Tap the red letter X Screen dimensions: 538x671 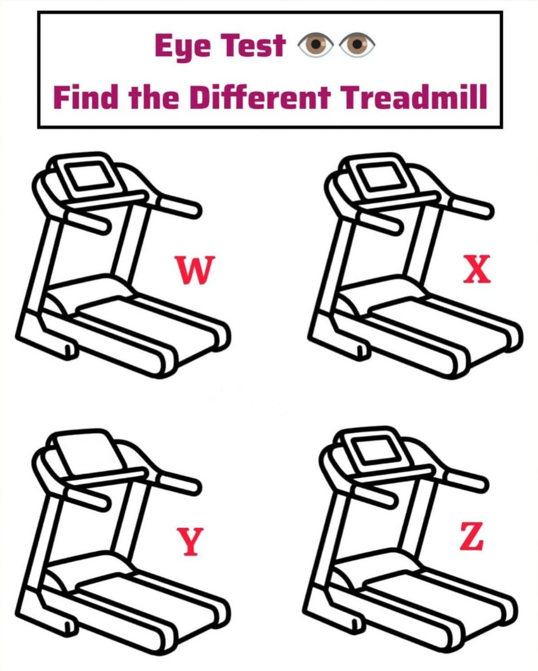pyautogui.click(x=477, y=269)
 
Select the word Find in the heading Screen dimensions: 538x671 pyautogui.click(x=86, y=97)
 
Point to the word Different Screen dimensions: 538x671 pyautogui.click(x=260, y=97)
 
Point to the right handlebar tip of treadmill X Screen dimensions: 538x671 pyautogui.click(x=488, y=210)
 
